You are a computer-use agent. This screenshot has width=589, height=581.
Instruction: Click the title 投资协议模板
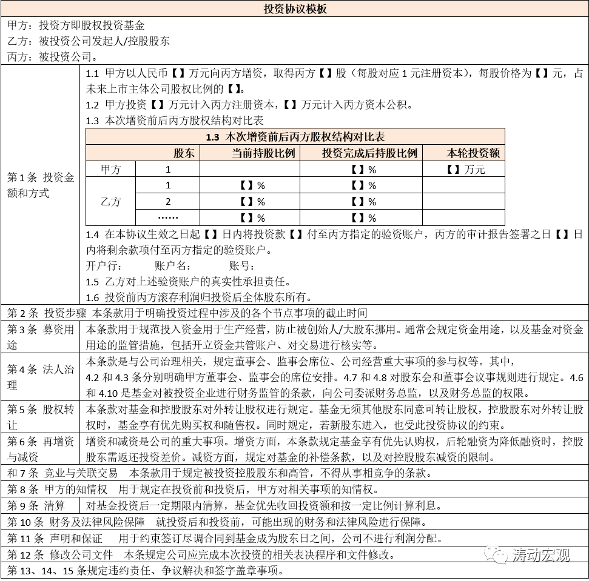point(295,9)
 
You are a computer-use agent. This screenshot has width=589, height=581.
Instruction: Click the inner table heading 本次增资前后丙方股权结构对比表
point(295,137)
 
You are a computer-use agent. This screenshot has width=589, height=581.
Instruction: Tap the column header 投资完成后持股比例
point(361,153)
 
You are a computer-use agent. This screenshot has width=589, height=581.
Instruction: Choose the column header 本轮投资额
point(463,153)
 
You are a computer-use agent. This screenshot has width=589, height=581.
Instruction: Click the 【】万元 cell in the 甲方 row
point(463,169)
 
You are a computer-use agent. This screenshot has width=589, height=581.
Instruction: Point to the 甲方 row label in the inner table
point(110,169)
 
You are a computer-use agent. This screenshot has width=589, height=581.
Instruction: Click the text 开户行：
point(104,266)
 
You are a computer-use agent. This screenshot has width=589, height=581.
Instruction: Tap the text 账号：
point(241,266)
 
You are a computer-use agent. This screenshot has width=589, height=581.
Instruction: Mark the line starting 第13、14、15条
point(146,571)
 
